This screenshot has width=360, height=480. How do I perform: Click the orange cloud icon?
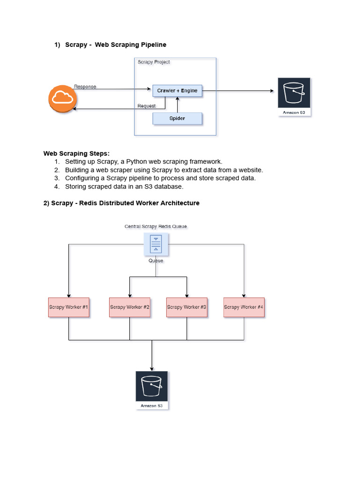62,98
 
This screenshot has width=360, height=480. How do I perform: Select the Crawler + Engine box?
177,90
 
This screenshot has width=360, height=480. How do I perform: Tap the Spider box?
177,119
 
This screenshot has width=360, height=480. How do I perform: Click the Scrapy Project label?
154,62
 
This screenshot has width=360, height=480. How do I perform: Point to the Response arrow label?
85,87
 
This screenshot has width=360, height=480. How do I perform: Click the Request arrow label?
146,106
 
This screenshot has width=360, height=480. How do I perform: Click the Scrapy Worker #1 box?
68,307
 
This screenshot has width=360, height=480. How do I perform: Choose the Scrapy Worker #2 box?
130,307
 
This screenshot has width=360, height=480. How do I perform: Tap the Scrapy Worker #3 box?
187,307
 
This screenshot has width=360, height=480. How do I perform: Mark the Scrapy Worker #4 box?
244,307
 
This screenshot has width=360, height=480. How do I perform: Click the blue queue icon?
156,244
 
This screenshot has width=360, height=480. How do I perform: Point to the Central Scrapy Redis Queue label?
156,226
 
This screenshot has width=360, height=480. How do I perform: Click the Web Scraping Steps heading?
76,153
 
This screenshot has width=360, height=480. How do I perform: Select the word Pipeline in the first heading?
152,45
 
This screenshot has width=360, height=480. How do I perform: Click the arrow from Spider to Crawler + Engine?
177,105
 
